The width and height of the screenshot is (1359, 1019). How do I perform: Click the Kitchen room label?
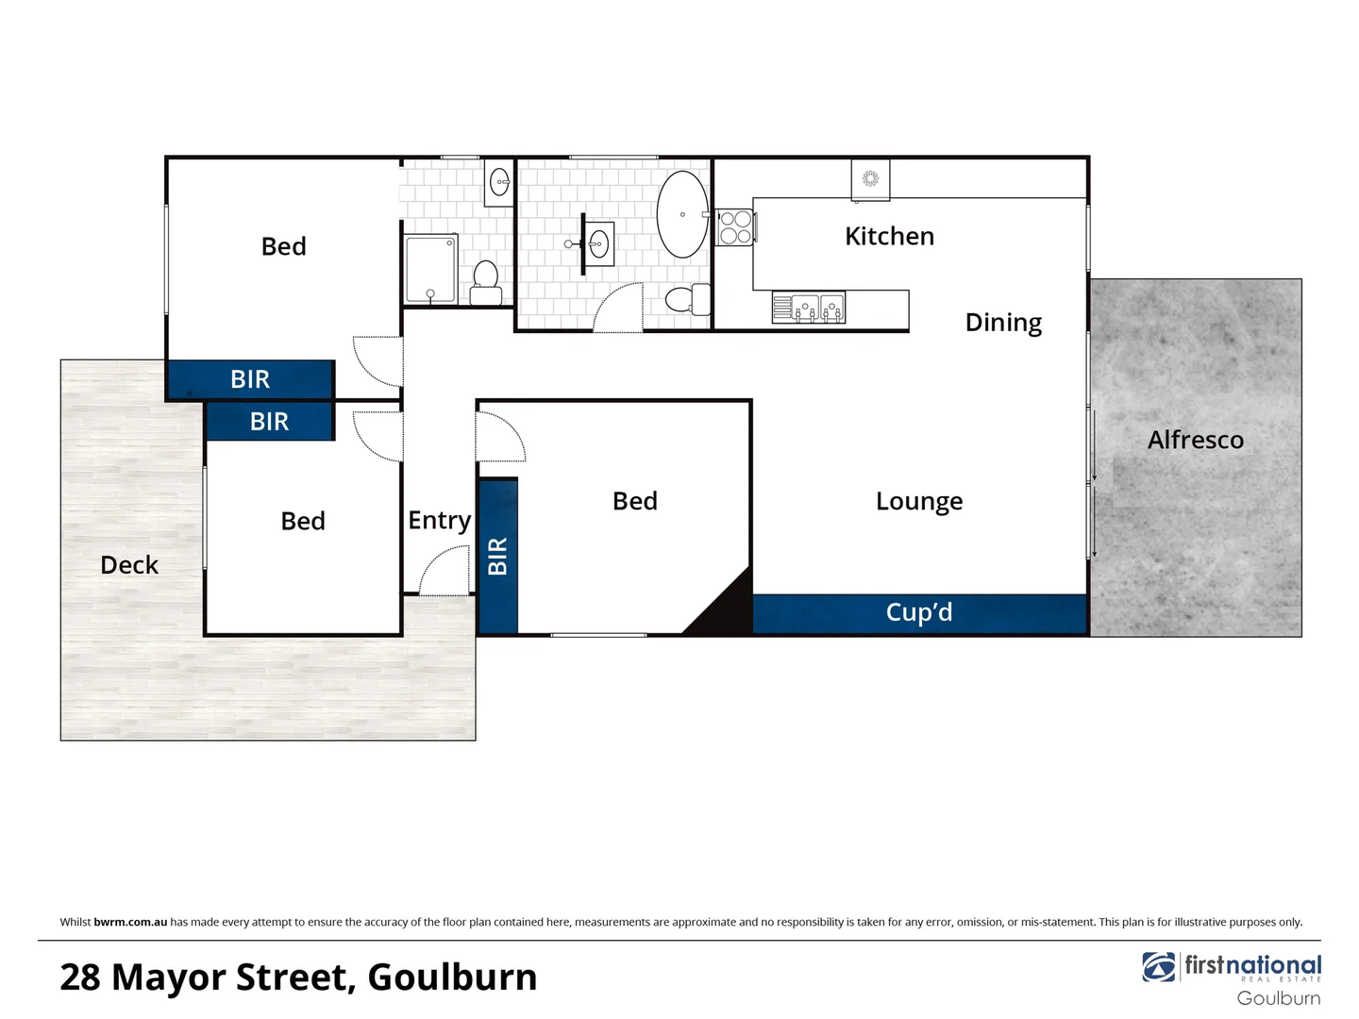point(889,236)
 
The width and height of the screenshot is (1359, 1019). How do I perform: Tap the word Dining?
point(1003,323)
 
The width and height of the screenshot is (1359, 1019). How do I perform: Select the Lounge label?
point(918,501)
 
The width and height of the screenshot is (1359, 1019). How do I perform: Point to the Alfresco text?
point(1195,440)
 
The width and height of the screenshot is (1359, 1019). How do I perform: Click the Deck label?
point(129,564)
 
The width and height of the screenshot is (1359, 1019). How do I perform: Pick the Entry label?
point(439,520)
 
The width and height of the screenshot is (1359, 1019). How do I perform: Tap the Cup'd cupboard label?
point(918,612)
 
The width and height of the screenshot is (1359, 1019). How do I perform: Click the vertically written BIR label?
point(498,556)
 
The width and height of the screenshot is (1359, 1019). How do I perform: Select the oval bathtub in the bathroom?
point(682,214)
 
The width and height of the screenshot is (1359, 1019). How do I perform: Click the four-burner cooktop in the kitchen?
point(735,226)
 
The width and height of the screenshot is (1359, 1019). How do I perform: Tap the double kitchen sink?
point(809,308)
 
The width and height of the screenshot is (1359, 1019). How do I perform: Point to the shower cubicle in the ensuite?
point(431,270)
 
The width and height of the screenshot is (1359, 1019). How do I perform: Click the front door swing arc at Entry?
point(444,572)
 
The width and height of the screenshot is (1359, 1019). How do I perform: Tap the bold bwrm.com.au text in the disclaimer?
point(130,922)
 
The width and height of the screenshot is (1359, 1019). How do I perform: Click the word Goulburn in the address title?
point(452,977)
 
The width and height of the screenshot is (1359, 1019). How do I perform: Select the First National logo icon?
point(1159,967)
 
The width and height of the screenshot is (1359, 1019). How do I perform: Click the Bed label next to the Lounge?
point(634,501)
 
